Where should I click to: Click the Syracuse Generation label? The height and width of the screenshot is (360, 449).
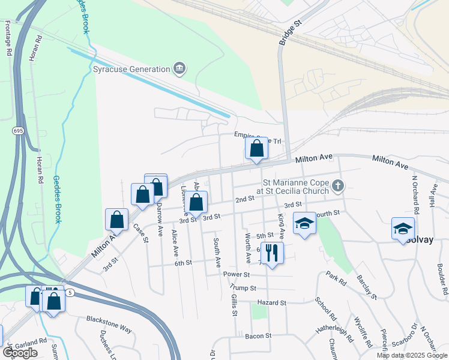point(131,69)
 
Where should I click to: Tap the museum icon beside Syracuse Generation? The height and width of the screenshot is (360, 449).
point(179,69)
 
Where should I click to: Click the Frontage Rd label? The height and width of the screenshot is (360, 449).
point(8,38)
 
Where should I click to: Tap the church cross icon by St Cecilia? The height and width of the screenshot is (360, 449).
point(338,185)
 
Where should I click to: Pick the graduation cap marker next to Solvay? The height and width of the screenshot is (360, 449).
point(403,229)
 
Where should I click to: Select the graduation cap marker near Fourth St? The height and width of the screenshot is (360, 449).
point(304,223)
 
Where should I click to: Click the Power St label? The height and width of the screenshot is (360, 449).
point(236,274)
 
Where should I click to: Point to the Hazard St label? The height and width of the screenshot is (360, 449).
point(271,303)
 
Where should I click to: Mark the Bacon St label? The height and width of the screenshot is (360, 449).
point(259,335)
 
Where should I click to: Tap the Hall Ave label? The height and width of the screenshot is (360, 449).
point(432,196)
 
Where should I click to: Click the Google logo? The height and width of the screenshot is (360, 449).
point(20,353)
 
